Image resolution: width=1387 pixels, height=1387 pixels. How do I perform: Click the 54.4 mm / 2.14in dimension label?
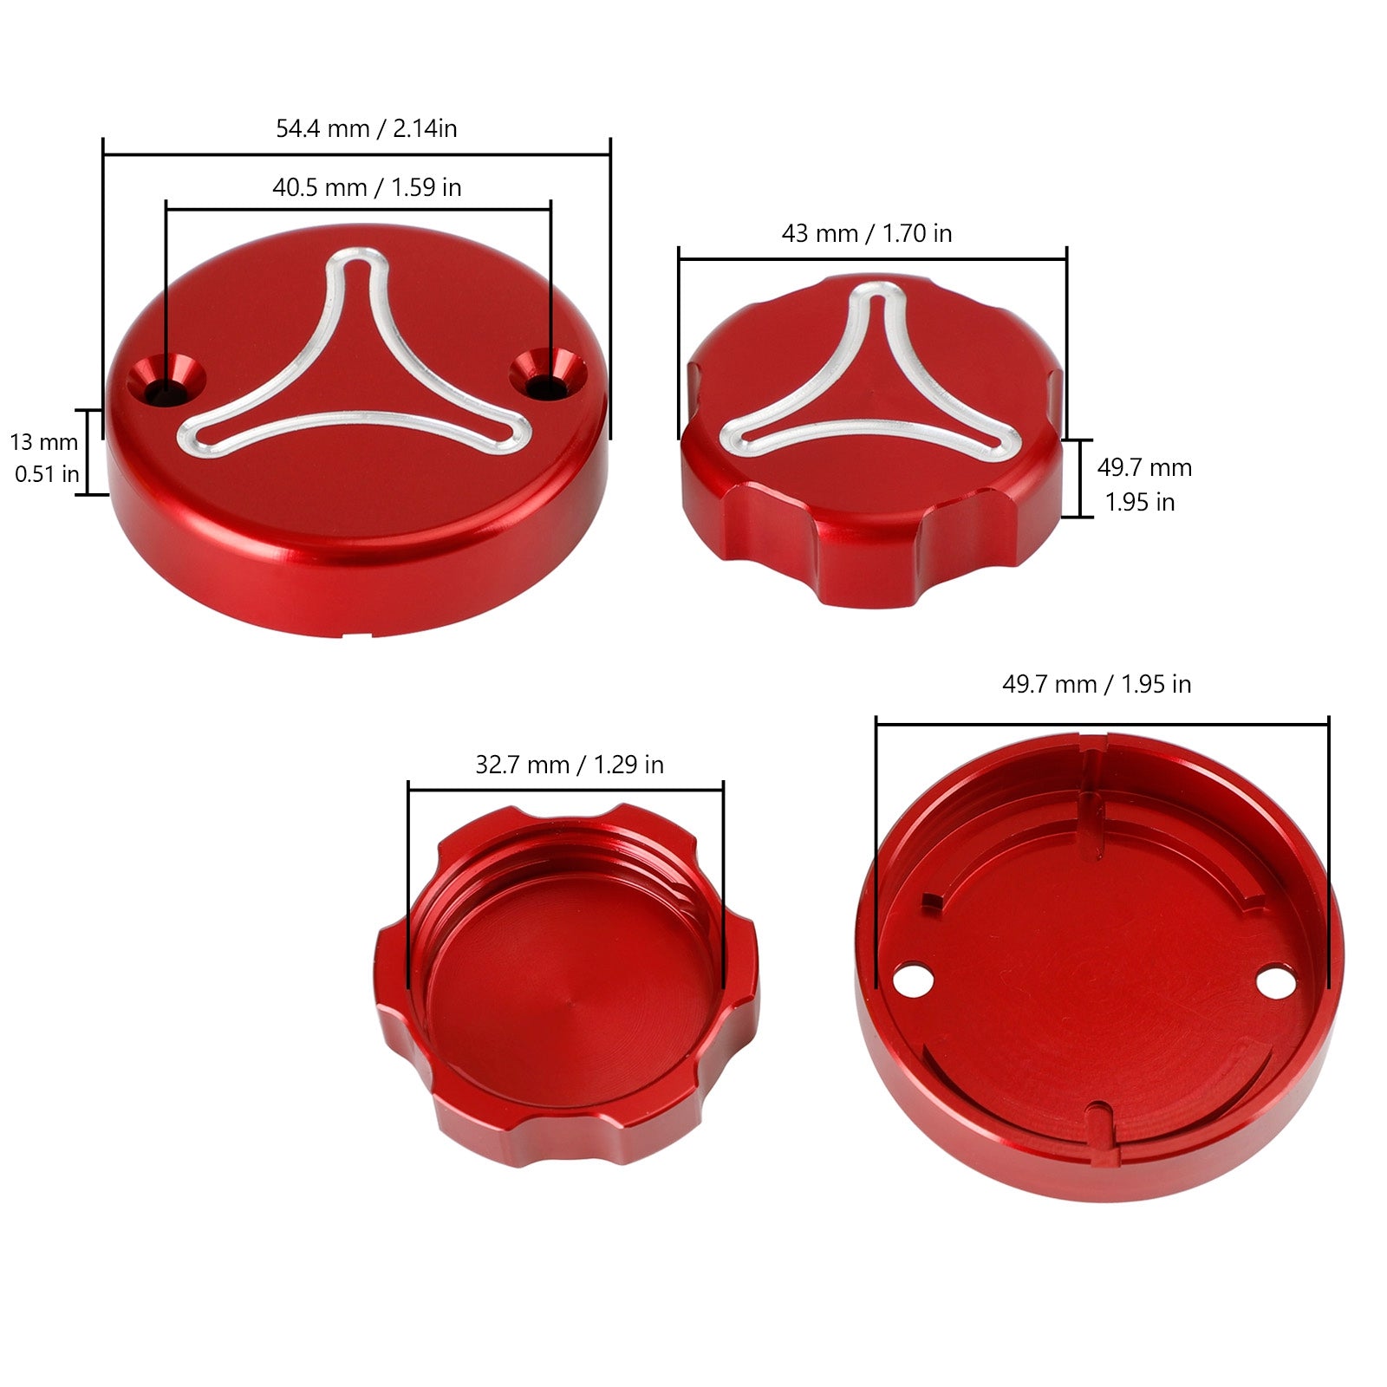(366, 129)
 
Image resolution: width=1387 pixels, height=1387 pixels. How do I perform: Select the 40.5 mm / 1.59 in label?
(366, 187)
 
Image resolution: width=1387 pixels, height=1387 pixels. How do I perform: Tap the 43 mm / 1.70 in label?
(866, 233)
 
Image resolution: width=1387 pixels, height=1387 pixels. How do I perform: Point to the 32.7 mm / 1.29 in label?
(569, 765)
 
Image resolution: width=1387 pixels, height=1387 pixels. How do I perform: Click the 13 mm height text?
(44, 442)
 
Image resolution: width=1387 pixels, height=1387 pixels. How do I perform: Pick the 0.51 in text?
(47, 474)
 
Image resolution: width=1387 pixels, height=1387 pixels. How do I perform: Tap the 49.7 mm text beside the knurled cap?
(1143, 468)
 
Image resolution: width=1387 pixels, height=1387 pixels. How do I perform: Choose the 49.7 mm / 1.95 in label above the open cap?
(1096, 685)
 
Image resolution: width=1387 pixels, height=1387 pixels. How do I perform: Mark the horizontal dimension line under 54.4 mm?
(356, 155)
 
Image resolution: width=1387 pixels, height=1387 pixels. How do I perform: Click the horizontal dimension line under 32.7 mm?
(565, 790)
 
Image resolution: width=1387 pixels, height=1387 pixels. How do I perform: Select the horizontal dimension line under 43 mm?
(872, 258)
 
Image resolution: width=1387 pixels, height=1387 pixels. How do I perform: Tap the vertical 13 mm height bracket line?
(88, 452)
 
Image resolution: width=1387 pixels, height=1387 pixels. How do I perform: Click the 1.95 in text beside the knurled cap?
(1139, 503)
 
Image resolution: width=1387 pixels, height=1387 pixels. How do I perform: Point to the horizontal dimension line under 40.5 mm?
(358, 209)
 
